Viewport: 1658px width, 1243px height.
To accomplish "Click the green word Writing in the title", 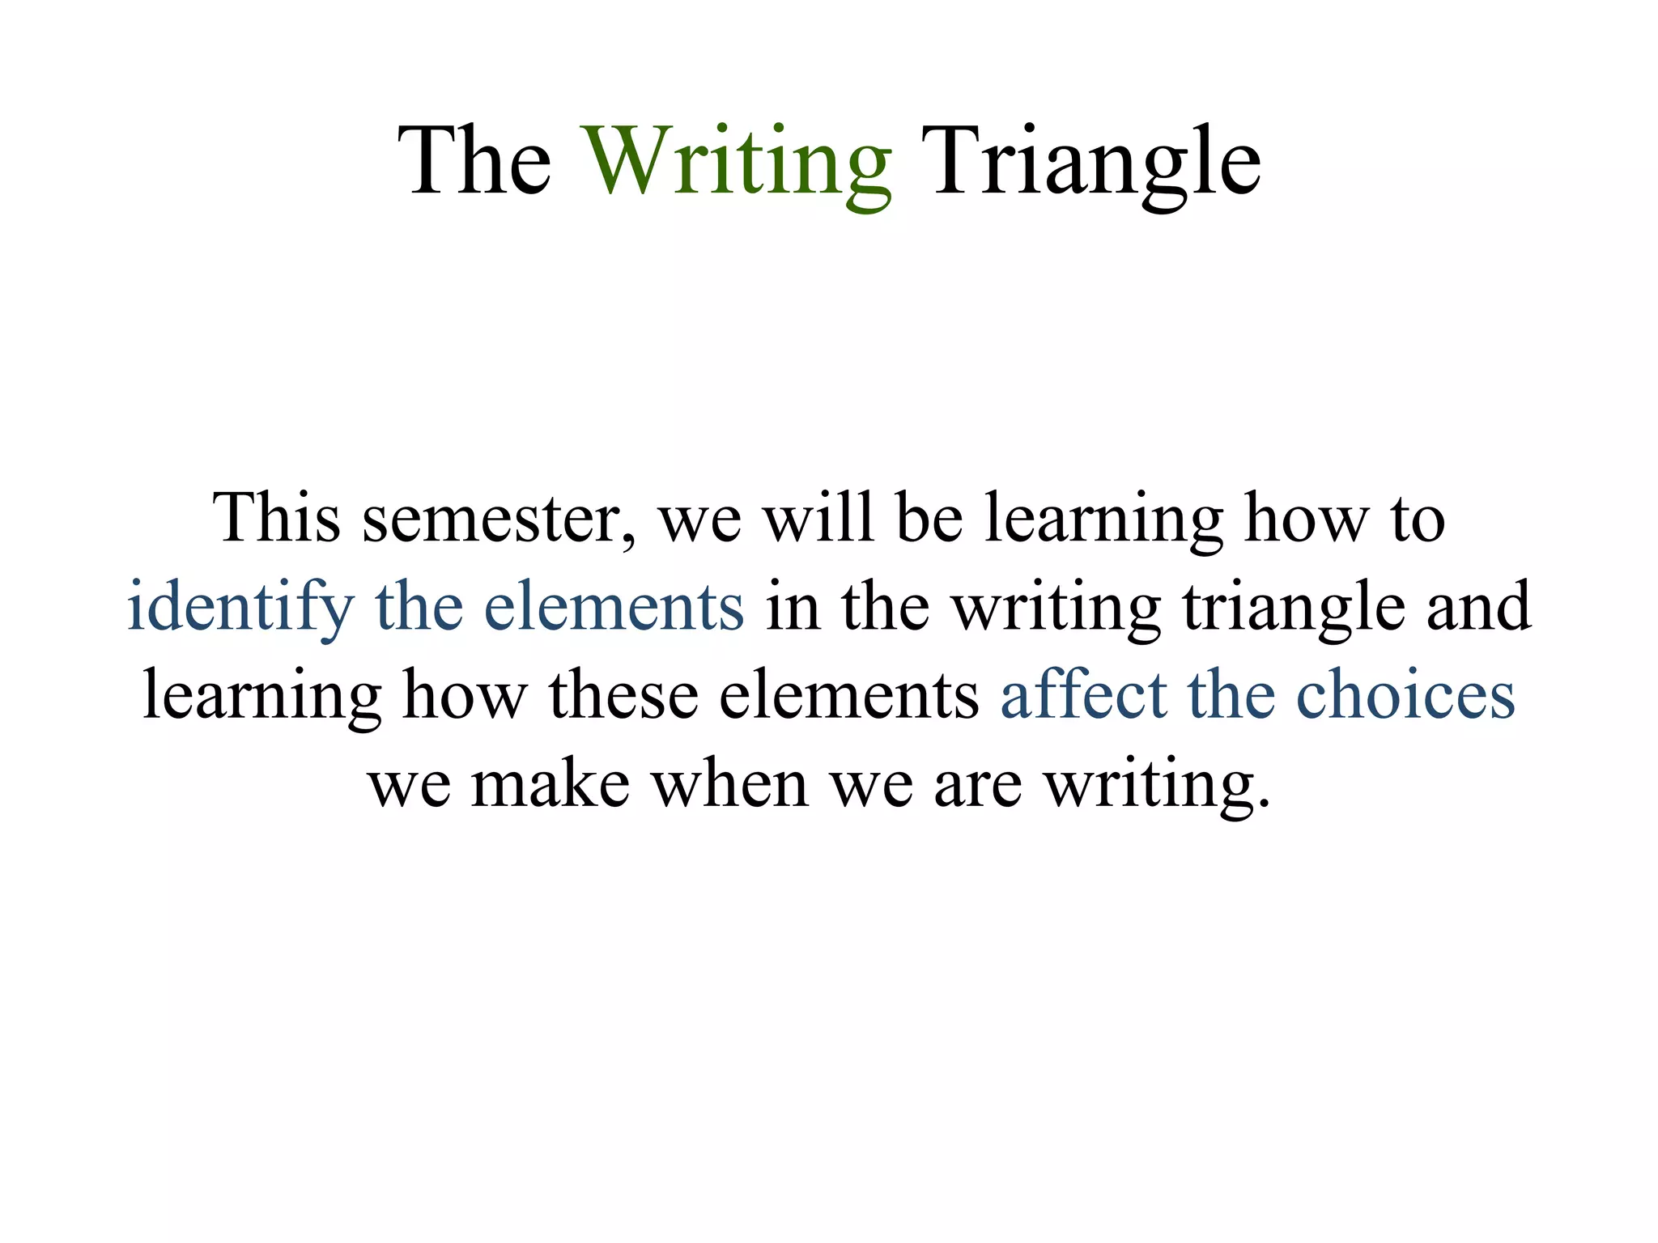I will (x=738, y=162).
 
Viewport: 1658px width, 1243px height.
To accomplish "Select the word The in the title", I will (x=474, y=162).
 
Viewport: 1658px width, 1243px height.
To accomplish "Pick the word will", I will (x=818, y=518).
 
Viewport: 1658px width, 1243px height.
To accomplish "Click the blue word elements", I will (x=614, y=607).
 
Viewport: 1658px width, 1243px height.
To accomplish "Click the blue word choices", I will (x=1405, y=696).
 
